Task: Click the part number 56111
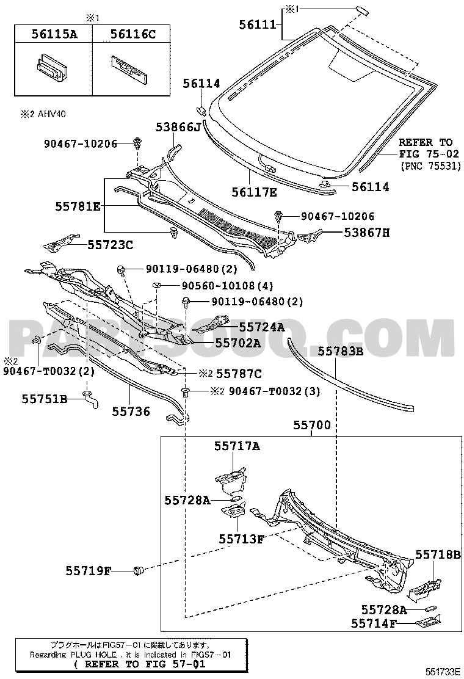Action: pyautogui.click(x=258, y=24)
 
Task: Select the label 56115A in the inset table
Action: pyautogui.click(x=54, y=34)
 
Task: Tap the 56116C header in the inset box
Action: pyautogui.click(x=132, y=34)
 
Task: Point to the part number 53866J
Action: pyautogui.click(x=178, y=127)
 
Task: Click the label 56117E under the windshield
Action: pyautogui.click(x=255, y=193)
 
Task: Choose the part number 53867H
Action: pyautogui.click(x=366, y=232)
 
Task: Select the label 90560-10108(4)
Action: pyautogui.click(x=217, y=285)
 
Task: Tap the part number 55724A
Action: pyautogui.click(x=261, y=327)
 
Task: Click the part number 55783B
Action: pyautogui.click(x=340, y=351)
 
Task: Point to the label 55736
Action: pyautogui.click(x=130, y=412)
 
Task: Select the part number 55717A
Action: pyautogui.click(x=237, y=446)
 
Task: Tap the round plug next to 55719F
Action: pyautogui.click(x=139, y=571)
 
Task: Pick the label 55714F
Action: pyautogui.click(x=374, y=623)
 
